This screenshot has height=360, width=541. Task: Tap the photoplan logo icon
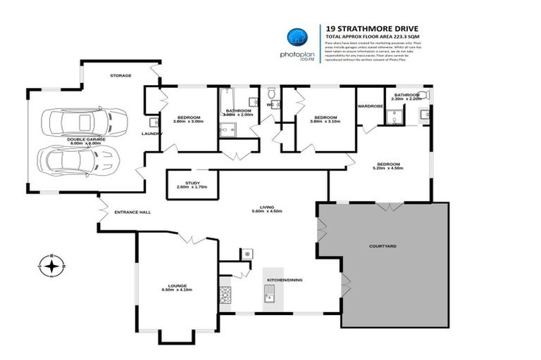[x=296, y=38]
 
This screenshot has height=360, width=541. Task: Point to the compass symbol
[x=51, y=266]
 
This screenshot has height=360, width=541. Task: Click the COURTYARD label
[x=383, y=247]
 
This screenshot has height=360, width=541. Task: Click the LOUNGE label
[x=177, y=285]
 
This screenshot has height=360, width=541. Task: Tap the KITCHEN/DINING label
[x=284, y=280]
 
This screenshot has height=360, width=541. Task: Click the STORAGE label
[x=120, y=75]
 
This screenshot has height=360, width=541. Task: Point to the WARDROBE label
[x=370, y=106]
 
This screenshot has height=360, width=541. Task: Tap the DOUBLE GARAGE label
[x=86, y=139]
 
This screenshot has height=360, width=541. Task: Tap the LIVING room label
[x=266, y=207]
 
